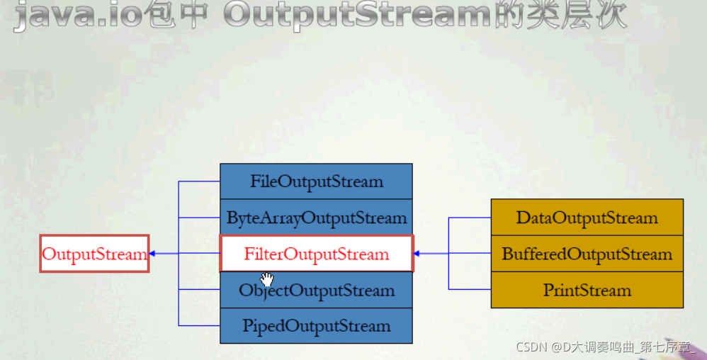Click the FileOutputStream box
(316, 181)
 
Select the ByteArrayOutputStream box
(316, 218)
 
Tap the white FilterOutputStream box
(316, 254)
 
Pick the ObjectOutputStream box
(316, 290)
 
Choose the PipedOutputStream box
(316, 326)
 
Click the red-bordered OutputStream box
(94, 254)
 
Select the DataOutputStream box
(587, 218)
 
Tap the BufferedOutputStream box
(587, 254)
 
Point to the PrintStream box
(587, 290)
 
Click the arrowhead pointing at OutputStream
(152, 254)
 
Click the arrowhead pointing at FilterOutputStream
(417, 254)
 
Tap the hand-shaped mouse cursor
(267, 279)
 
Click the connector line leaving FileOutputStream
(199, 181)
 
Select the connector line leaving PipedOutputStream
(199, 325)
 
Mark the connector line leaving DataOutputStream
(470, 218)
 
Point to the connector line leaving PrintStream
(470, 289)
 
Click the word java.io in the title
(77, 14)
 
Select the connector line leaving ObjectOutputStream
(199, 289)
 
